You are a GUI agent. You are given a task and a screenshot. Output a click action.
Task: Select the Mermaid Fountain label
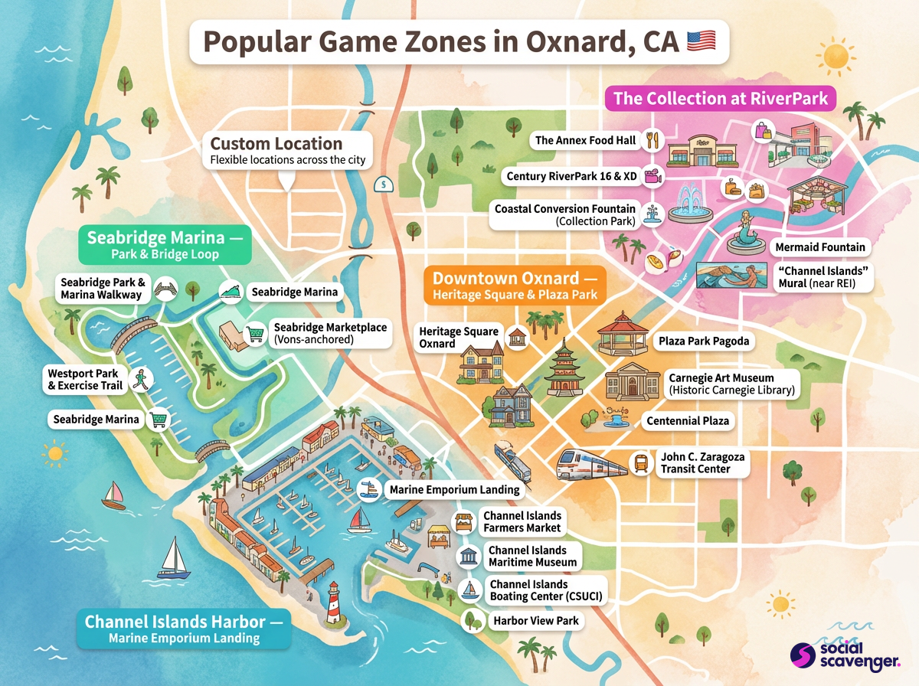(819, 247)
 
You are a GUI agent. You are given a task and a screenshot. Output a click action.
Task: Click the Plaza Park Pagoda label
(703, 340)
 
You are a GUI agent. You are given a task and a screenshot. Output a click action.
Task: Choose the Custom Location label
(288, 150)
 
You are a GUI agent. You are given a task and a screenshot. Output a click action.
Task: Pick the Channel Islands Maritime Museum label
(532, 557)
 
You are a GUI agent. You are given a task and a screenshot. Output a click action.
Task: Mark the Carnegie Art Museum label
(731, 384)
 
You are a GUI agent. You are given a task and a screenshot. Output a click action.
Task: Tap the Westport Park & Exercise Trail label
(85, 380)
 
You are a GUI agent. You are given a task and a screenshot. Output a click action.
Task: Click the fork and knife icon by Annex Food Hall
(652, 141)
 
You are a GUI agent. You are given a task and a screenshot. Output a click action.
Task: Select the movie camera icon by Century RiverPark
(652, 177)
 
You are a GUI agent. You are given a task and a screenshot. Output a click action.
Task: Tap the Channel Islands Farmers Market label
(522, 522)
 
